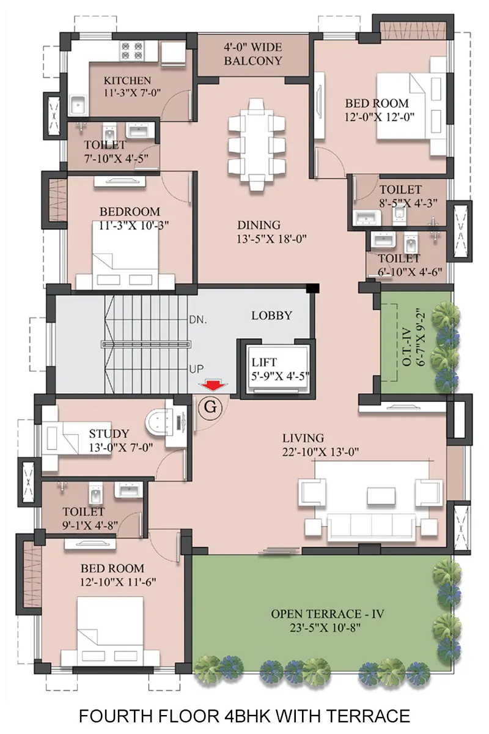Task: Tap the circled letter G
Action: pos(210,407)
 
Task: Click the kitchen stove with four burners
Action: pos(132,50)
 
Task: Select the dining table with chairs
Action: pos(257,144)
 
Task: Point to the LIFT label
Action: pos(264,362)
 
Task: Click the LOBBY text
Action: pos(271,316)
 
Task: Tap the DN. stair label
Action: pos(198,320)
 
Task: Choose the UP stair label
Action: pos(197,369)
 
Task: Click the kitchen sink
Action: pos(78,105)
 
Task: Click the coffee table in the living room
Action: pos(381,496)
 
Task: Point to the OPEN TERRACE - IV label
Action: pos(327,614)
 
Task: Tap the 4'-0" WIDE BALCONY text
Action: pos(253,54)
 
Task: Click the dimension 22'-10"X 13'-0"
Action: pos(320,452)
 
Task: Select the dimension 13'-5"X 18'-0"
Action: pos(271,239)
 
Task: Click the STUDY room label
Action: pos(109,434)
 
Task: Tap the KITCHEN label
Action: pos(127,81)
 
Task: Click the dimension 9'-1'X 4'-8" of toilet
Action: pos(90,525)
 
